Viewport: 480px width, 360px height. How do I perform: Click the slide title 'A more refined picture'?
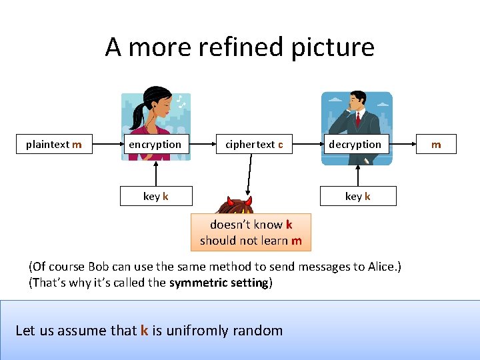point(239,47)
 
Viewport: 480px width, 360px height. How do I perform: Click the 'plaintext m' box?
point(54,145)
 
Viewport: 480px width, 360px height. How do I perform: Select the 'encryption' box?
point(155,145)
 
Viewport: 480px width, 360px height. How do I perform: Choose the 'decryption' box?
point(355,145)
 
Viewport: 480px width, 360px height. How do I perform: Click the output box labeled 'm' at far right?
point(436,145)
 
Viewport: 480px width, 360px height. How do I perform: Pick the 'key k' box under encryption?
point(156,196)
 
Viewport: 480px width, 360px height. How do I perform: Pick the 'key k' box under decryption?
point(358,196)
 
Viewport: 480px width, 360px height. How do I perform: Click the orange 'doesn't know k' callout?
point(251,232)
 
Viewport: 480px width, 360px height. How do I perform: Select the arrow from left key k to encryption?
point(156,173)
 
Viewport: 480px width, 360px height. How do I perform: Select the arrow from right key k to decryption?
point(358,173)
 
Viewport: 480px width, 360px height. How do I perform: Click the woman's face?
point(160,107)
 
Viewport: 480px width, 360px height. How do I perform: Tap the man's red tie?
point(358,119)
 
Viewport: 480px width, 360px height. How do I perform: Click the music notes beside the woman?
point(180,101)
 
